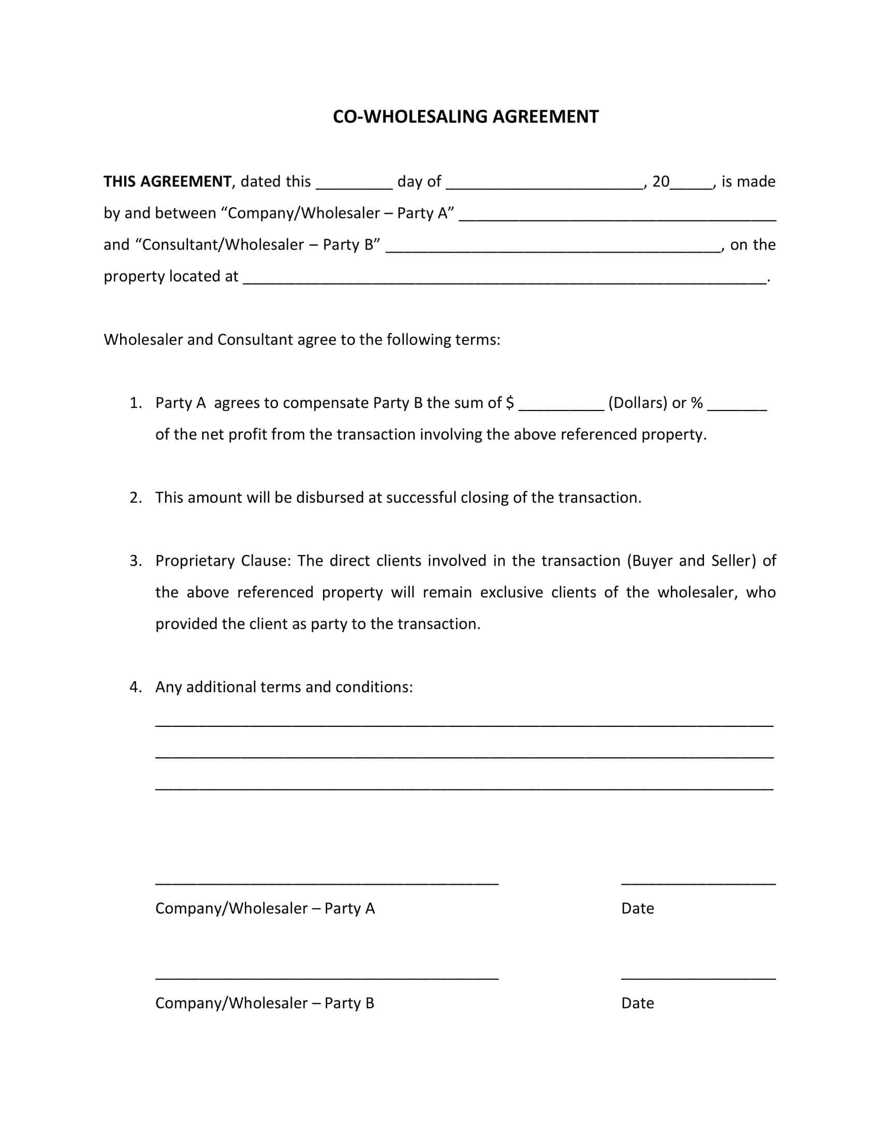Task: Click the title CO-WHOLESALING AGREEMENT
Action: [465, 116]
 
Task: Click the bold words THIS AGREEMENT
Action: [167, 182]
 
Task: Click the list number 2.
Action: [136, 498]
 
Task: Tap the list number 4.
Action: [136, 687]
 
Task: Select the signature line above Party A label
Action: [327, 881]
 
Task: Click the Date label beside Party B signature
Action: [637, 1003]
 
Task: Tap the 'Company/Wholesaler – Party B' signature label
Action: [265, 1003]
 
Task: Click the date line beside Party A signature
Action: [698, 881]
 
